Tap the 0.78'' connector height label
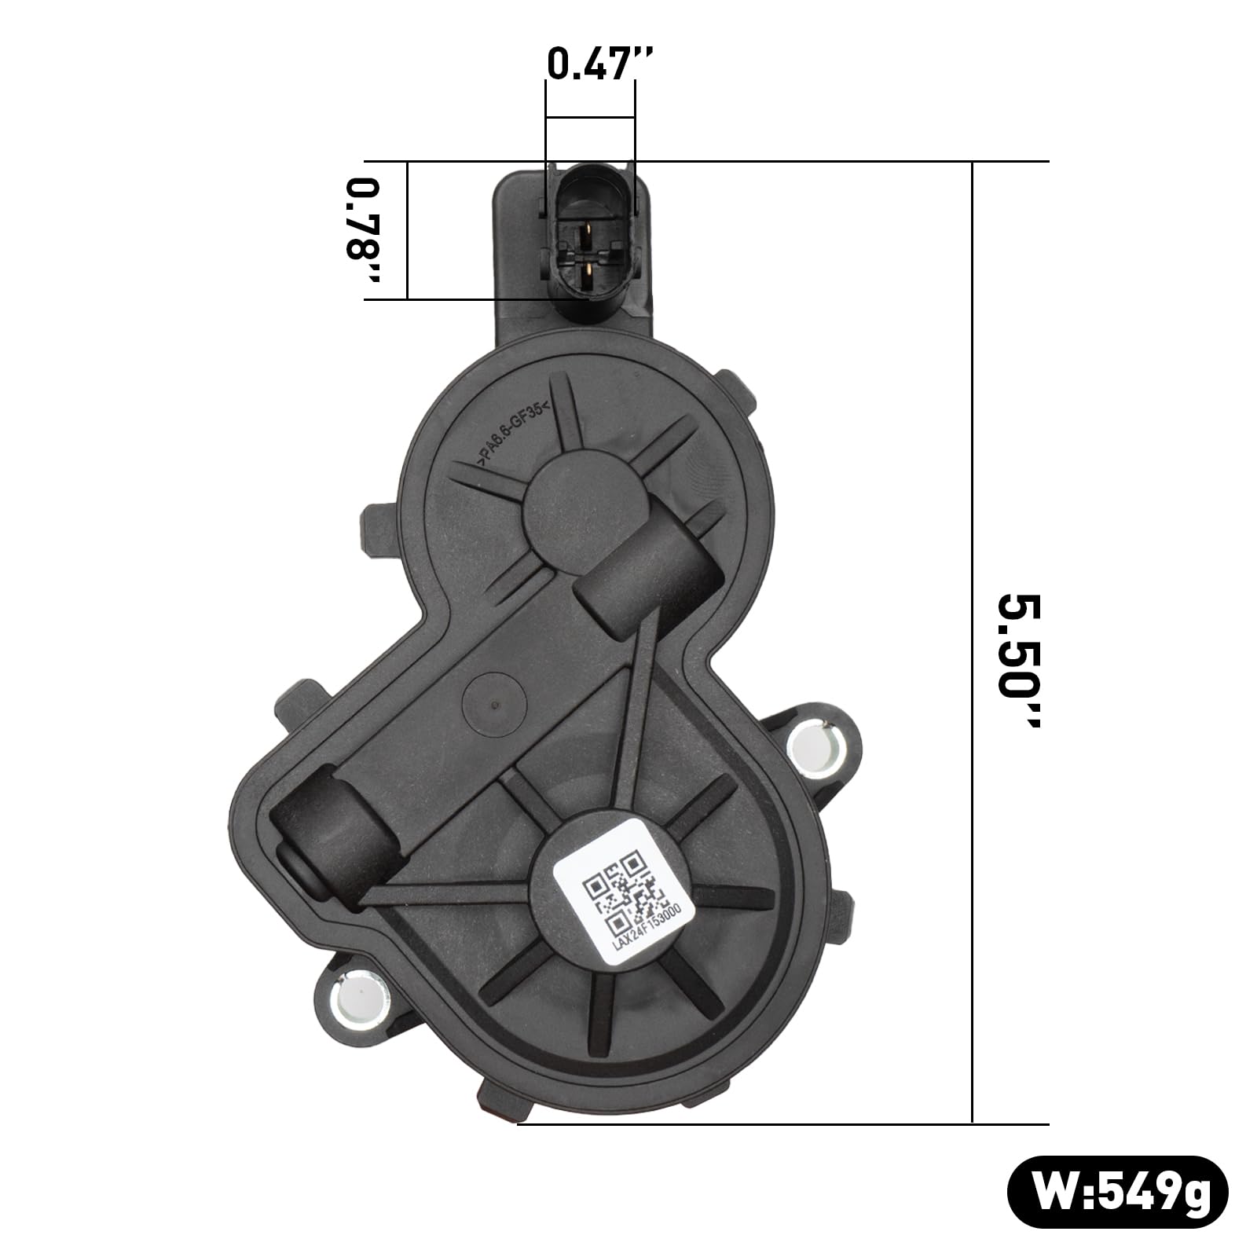click(364, 229)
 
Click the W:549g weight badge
click(1118, 1193)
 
